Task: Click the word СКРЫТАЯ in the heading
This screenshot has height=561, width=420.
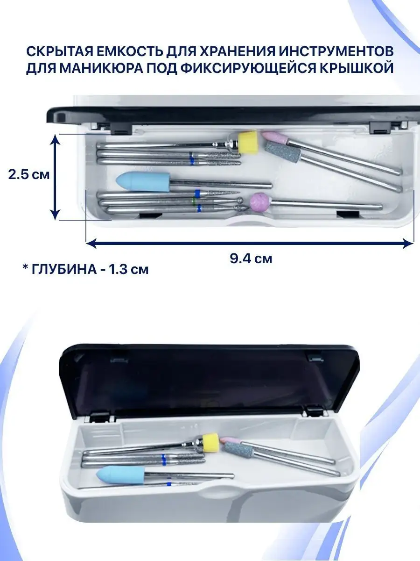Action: point(59,51)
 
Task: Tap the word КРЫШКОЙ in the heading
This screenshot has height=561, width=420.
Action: point(356,68)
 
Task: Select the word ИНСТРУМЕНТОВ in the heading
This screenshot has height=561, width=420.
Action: point(336,51)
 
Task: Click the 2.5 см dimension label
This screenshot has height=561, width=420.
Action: point(29,175)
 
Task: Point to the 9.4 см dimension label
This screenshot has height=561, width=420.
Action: point(251,259)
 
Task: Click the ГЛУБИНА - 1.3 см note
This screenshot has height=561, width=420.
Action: point(85,269)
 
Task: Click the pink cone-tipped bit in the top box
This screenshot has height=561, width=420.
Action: point(275,138)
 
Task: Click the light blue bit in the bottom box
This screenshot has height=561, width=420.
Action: point(120,475)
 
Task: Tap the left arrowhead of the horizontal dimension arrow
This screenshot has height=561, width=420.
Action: point(92,243)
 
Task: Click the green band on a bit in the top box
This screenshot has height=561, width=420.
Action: point(194,201)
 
